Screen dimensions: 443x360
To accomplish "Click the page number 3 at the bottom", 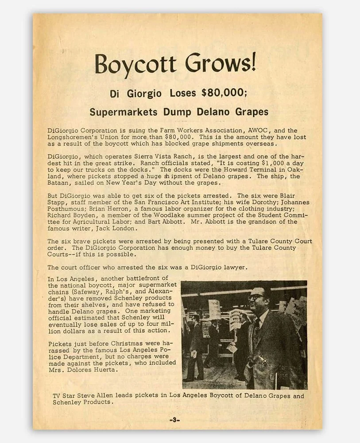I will [177, 419].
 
